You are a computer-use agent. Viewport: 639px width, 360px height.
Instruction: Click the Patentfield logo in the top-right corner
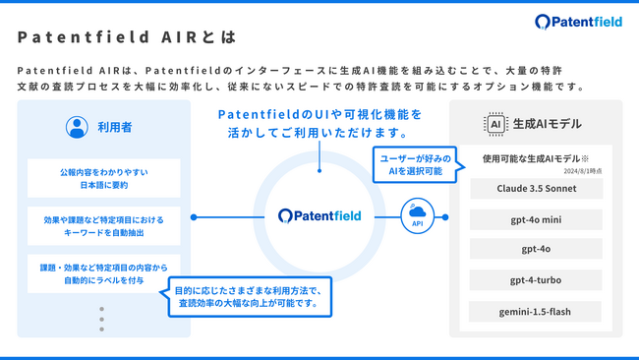point(578,22)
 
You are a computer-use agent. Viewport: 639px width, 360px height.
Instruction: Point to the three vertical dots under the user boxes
point(100,319)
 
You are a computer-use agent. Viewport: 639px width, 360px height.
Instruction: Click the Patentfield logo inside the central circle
point(319,215)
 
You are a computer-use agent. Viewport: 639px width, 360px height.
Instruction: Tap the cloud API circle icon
point(417,215)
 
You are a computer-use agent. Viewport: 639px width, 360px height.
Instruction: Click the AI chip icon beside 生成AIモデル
point(495,124)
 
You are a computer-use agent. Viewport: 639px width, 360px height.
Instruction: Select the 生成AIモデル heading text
point(547,124)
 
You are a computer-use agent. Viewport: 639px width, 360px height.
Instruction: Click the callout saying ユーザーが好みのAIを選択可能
point(415,162)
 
